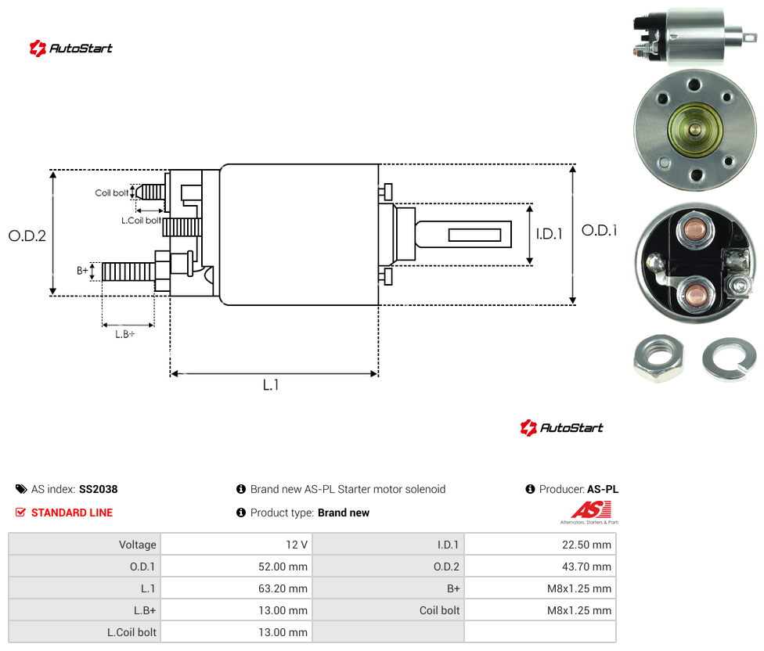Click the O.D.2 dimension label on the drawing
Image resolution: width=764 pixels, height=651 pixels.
(x=27, y=236)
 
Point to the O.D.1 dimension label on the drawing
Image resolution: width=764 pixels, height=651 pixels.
(x=600, y=230)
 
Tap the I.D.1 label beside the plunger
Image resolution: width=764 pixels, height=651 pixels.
(x=550, y=234)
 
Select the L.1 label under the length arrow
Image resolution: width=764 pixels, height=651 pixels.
(x=271, y=385)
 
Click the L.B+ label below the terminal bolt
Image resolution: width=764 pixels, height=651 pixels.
(x=125, y=334)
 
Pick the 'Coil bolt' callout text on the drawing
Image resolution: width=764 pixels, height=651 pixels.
(x=112, y=192)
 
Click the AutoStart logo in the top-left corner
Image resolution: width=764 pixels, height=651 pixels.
(x=71, y=49)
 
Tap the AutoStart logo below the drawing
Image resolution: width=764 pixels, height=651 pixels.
(x=562, y=427)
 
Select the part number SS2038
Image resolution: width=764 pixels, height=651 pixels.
(x=99, y=489)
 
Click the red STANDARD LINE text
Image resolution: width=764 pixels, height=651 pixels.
(x=72, y=513)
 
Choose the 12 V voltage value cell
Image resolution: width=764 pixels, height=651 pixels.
(x=297, y=545)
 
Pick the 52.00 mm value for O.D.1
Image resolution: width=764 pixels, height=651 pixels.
(x=283, y=566)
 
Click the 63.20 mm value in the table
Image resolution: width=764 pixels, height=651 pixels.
(x=283, y=588)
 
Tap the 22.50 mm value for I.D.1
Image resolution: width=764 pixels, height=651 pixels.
(x=586, y=545)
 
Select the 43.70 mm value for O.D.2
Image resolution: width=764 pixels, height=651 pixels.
(x=586, y=566)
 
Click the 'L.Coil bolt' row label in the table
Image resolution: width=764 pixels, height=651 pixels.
(x=132, y=632)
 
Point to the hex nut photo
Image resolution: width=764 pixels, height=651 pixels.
(x=659, y=358)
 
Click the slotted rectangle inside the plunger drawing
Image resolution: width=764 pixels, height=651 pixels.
(x=474, y=236)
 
